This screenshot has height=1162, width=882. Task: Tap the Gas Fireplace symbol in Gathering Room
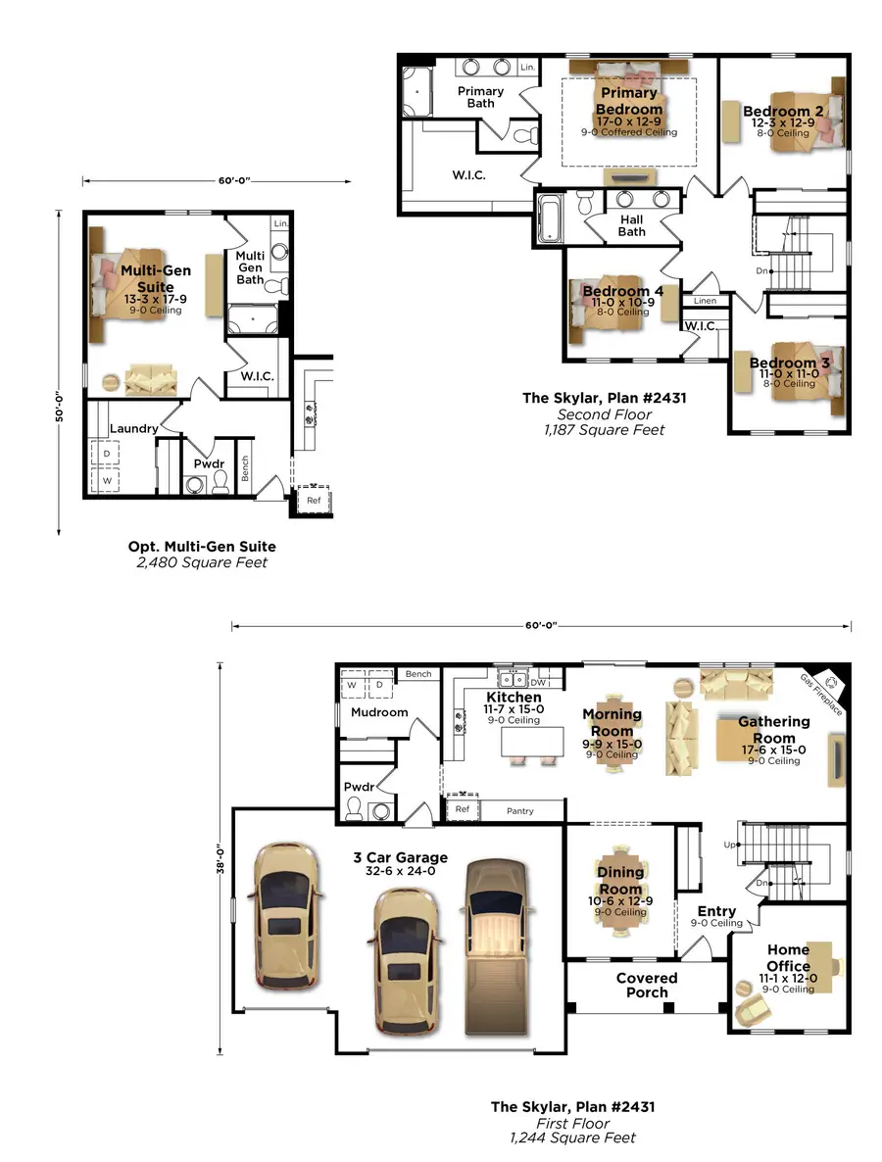[833, 681]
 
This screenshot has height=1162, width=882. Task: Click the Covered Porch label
[647, 985]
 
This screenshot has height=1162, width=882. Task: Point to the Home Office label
[788, 957]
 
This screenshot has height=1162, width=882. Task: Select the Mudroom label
[379, 712]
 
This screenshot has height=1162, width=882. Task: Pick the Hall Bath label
[632, 225]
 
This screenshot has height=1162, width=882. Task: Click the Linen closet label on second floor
[705, 300]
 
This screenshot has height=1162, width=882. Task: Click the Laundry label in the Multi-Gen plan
[134, 428]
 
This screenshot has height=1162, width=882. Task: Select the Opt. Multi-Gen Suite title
[202, 546]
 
